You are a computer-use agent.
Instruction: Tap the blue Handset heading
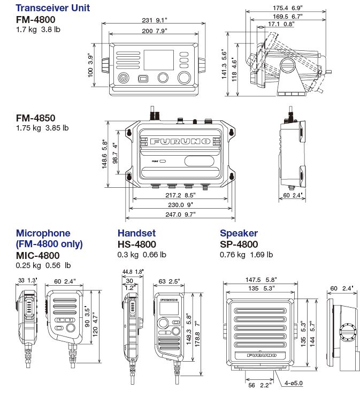point(136,233)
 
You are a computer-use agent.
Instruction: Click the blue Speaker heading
point(239,233)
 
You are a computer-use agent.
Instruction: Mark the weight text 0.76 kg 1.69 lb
point(246,255)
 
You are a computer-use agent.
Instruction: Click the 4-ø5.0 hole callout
point(293,383)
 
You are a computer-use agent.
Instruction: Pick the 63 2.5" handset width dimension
point(168,281)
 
